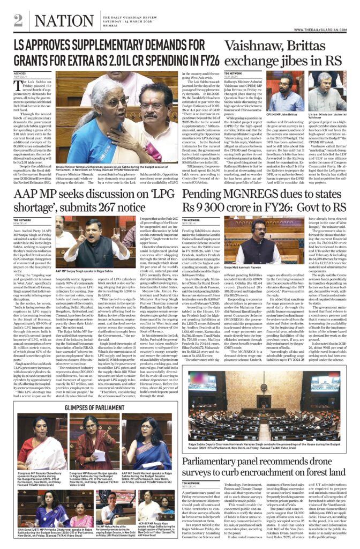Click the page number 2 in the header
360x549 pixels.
[18, 20]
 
